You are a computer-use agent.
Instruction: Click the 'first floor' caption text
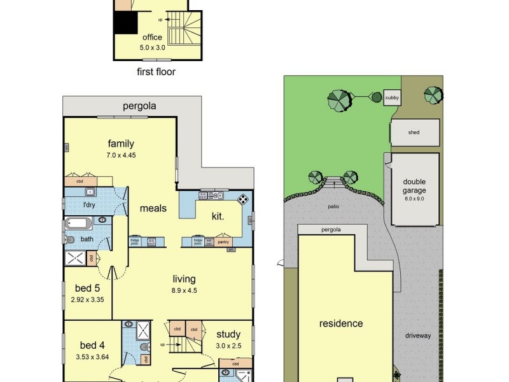pyautogui.click(x=156, y=72)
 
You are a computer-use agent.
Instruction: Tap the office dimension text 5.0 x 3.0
pyautogui.click(x=152, y=47)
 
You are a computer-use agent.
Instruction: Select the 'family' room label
pyautogui.click(x=120, y=143)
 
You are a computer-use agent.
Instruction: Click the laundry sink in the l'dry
pyautogui.click(x=90, y=192)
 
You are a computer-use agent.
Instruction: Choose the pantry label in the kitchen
pyautogui.click(x=223, y=242)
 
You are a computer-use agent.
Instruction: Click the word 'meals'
pyautogui.click(x=153, y=208)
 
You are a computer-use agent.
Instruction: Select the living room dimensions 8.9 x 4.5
pyautogui.click(x=184, y=290)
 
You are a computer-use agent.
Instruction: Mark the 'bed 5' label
pyautogui.click(x=87, y=288)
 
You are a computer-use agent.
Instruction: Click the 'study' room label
pyautogui.click(x=228, y=334)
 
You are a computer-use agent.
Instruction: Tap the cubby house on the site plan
pyautogui.click(x=393, y=97)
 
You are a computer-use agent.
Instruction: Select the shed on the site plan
pyautogui.click(x=414, y=132)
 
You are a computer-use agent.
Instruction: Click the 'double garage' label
pyautogui.click(x=414, y=186)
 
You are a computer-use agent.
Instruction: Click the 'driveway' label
pyautogui.click(x=417, y=336)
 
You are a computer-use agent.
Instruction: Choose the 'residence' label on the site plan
pyautogui.click(x=340, y=323)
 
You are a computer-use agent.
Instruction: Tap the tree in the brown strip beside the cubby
pyautogui.click(x=433, y=95)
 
